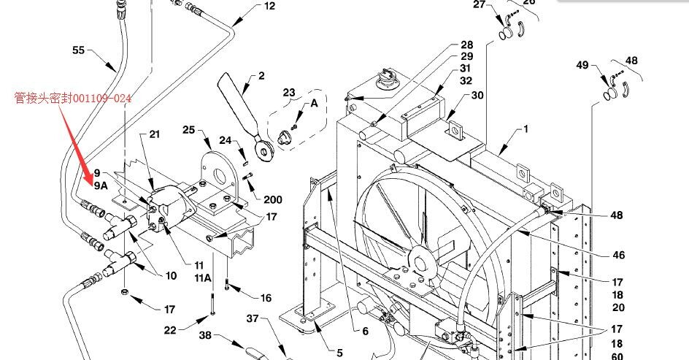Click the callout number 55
[78, 50]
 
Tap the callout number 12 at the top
[269, 6]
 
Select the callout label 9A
[101, 186]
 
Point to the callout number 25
[188, 130]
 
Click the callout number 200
[273, 199]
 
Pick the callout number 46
[619, 255]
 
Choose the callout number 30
[477, 96]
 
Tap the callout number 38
[205, 335]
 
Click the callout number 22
[170, 330]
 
